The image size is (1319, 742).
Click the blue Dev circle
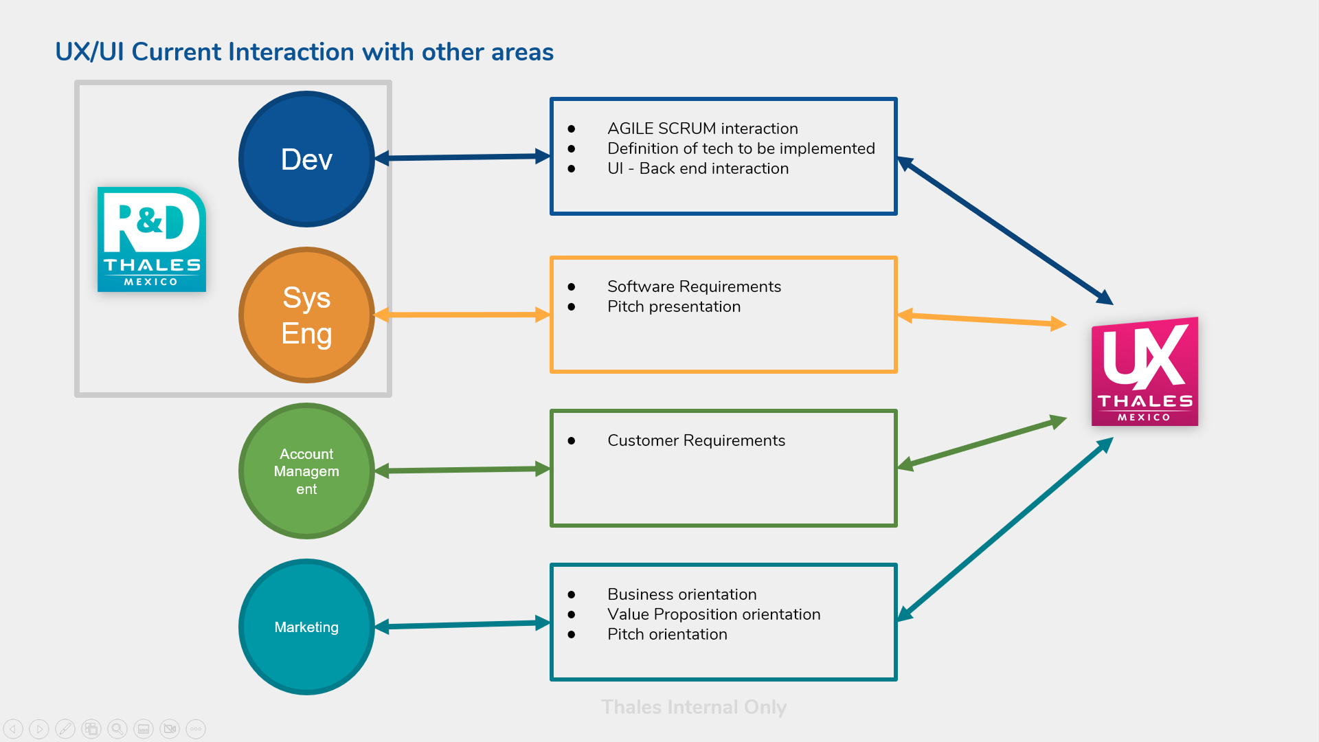[306, 159]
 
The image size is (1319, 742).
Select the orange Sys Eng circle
[306, 315]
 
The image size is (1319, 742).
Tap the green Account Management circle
[306, 471]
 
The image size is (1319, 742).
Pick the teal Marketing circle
[306, 627]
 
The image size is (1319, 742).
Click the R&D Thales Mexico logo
[152, 239]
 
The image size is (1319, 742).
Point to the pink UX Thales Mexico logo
[1145, 372]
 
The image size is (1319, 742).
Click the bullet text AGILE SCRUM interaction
[702, 128]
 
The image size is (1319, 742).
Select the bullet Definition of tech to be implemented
[741, 148]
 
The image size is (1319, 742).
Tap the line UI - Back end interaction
[697, 168]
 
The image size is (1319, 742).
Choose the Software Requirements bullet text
[694, 286]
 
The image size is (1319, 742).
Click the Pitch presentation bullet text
[673, 306]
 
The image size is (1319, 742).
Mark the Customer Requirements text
[696, 440]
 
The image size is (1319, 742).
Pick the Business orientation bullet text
[681, 594]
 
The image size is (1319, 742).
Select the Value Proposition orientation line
[713, 614]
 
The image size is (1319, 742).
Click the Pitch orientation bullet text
[666, 634]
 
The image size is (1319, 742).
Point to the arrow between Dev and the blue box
[462, 157]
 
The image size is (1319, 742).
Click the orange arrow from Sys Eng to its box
[462, 315]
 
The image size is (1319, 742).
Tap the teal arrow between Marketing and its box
[462, 625]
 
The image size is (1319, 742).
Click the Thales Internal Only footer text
[694, 707]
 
